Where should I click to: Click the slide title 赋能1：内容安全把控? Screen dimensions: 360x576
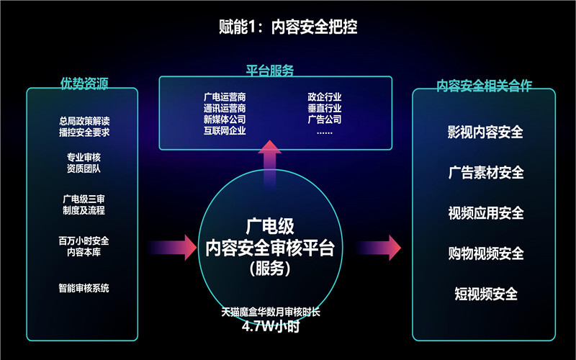coord(287,27)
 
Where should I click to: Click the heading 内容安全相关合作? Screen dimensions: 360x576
coord(484,85)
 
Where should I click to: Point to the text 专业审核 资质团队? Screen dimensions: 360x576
coord(85,162)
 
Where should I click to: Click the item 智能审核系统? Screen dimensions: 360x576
coord(85,289)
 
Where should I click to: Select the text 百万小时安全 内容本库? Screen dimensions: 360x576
coord(85,246)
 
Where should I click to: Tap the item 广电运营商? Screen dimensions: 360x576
coord(225,96)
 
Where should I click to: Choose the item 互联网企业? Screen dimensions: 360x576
coord(225,131)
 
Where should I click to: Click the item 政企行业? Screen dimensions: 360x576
coord(324,96)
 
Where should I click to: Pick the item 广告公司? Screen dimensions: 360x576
coord(324,120)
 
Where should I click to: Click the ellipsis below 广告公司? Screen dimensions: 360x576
coord(324,132)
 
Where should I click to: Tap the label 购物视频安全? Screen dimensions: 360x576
coord(485,253)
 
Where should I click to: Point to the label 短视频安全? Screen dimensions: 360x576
coord(485,294)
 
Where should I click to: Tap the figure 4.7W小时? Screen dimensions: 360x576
coord(270,326)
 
